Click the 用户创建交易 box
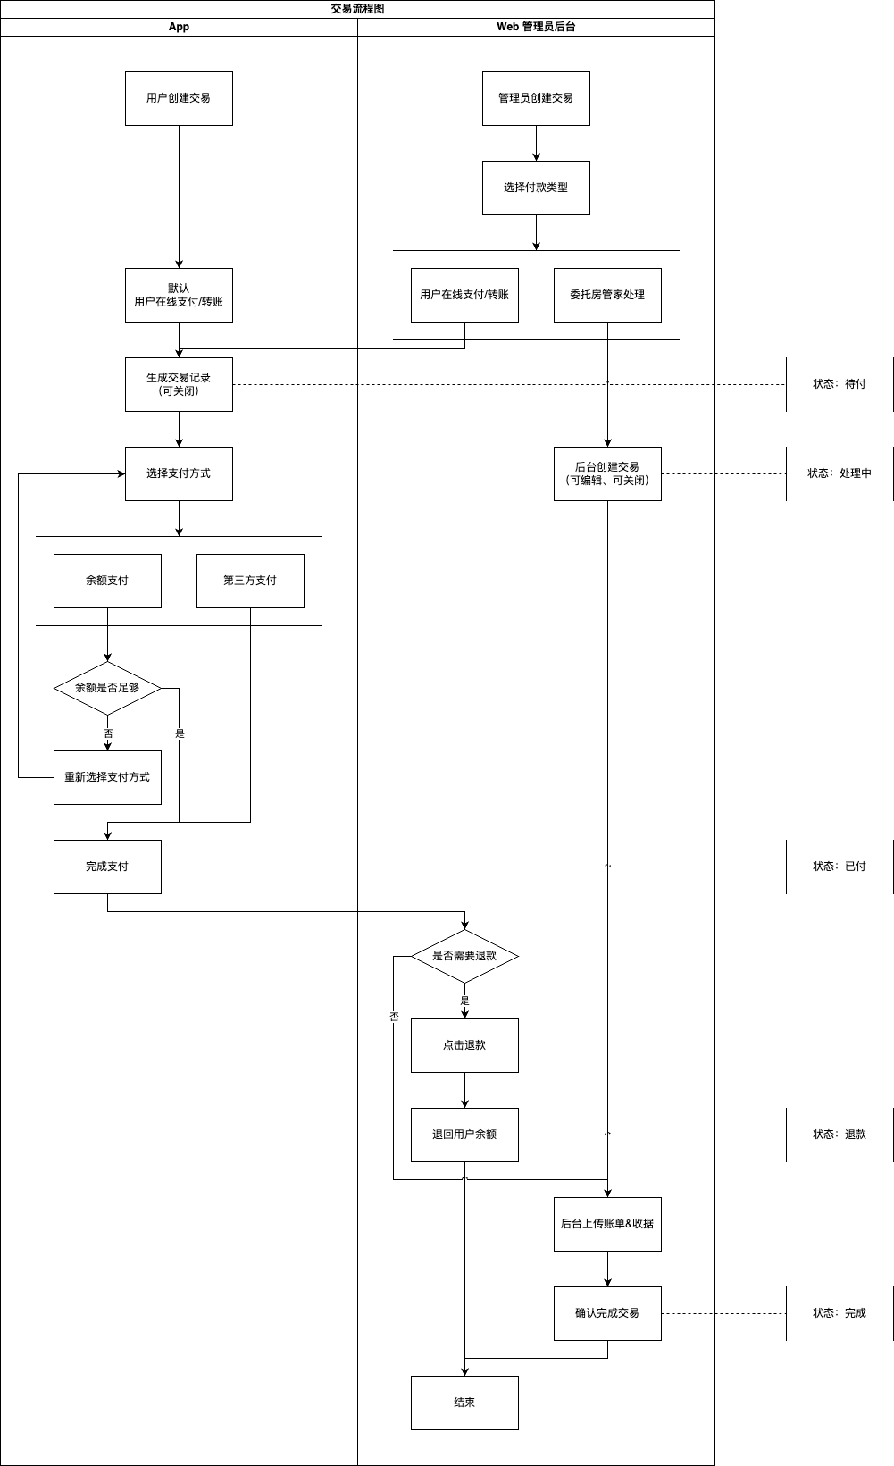179,98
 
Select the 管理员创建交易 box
536,98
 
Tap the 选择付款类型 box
536,188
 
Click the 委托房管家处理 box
607,295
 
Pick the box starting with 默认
179,295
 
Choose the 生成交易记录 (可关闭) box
179,384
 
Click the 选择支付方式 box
179,473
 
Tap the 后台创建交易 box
607,473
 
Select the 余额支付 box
107,581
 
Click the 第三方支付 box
250,581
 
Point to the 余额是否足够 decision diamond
107,688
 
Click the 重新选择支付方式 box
107,777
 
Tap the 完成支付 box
107,867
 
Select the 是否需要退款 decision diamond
464,956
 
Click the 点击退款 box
464,1045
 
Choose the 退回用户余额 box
464,1135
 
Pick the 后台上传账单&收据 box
607,1224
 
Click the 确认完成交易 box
607,1313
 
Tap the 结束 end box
464,1403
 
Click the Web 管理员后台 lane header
536,27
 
